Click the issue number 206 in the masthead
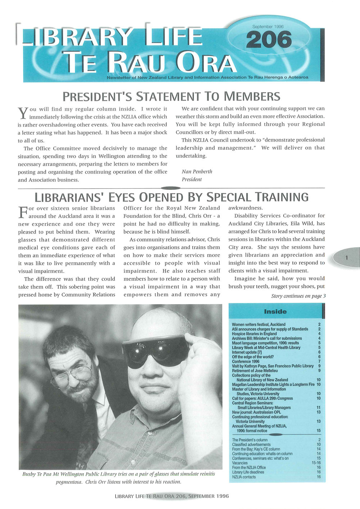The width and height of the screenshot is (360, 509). [x=269, y=40]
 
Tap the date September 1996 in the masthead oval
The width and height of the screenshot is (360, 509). [x=268, y=27]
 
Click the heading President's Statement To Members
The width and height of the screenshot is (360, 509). [x=171, y=96]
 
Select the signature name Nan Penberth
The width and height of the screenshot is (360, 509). [x=197, y=172]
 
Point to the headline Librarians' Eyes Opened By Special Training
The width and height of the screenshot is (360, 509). [x=171, y=197]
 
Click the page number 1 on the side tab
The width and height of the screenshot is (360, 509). [x=346, y=257]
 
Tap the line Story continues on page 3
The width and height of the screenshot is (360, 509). [x=298, y=296]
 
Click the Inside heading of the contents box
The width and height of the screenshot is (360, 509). [x=275, y=312]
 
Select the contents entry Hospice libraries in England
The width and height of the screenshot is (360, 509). [x=254, y=334]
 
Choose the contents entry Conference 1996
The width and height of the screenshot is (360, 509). [x=246, y=361]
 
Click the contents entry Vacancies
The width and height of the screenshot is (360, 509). [x=240, y=463]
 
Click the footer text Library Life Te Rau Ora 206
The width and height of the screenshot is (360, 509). [x=171, y=496]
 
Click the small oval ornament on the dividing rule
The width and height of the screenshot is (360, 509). [x=171, y=188]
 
